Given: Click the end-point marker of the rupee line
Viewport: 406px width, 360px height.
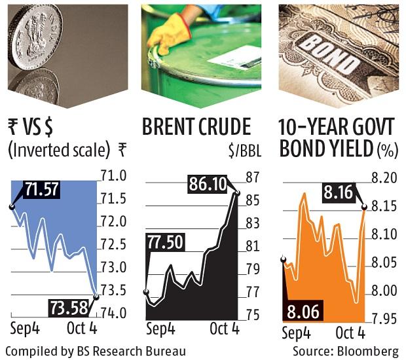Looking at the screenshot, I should (96, 296).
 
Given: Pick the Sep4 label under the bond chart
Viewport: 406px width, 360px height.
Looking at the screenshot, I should (296, 333).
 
